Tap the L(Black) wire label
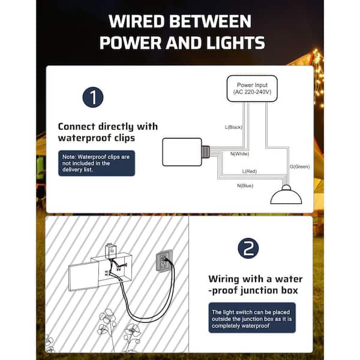click(234, 127)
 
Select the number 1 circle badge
click(93, 97)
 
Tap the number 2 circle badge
click(248, 248)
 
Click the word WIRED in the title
click(138, 22)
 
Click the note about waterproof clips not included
click(97, 163)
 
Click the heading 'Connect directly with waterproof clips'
click(108, 133)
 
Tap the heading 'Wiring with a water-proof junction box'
click(256, 286)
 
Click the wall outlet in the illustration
click(164, 261)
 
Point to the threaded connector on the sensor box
click(206, 152)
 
